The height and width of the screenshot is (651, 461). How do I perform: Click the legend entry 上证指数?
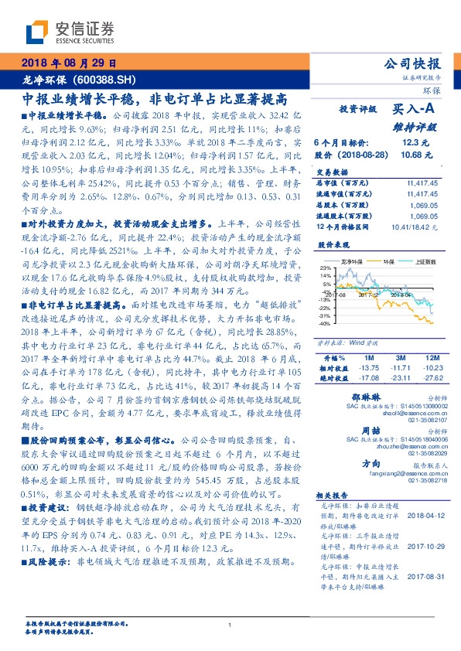coord(418,262)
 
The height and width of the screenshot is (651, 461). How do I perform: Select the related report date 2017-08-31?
coord(421,596)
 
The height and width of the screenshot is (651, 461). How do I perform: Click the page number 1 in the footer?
coord(230,625)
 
